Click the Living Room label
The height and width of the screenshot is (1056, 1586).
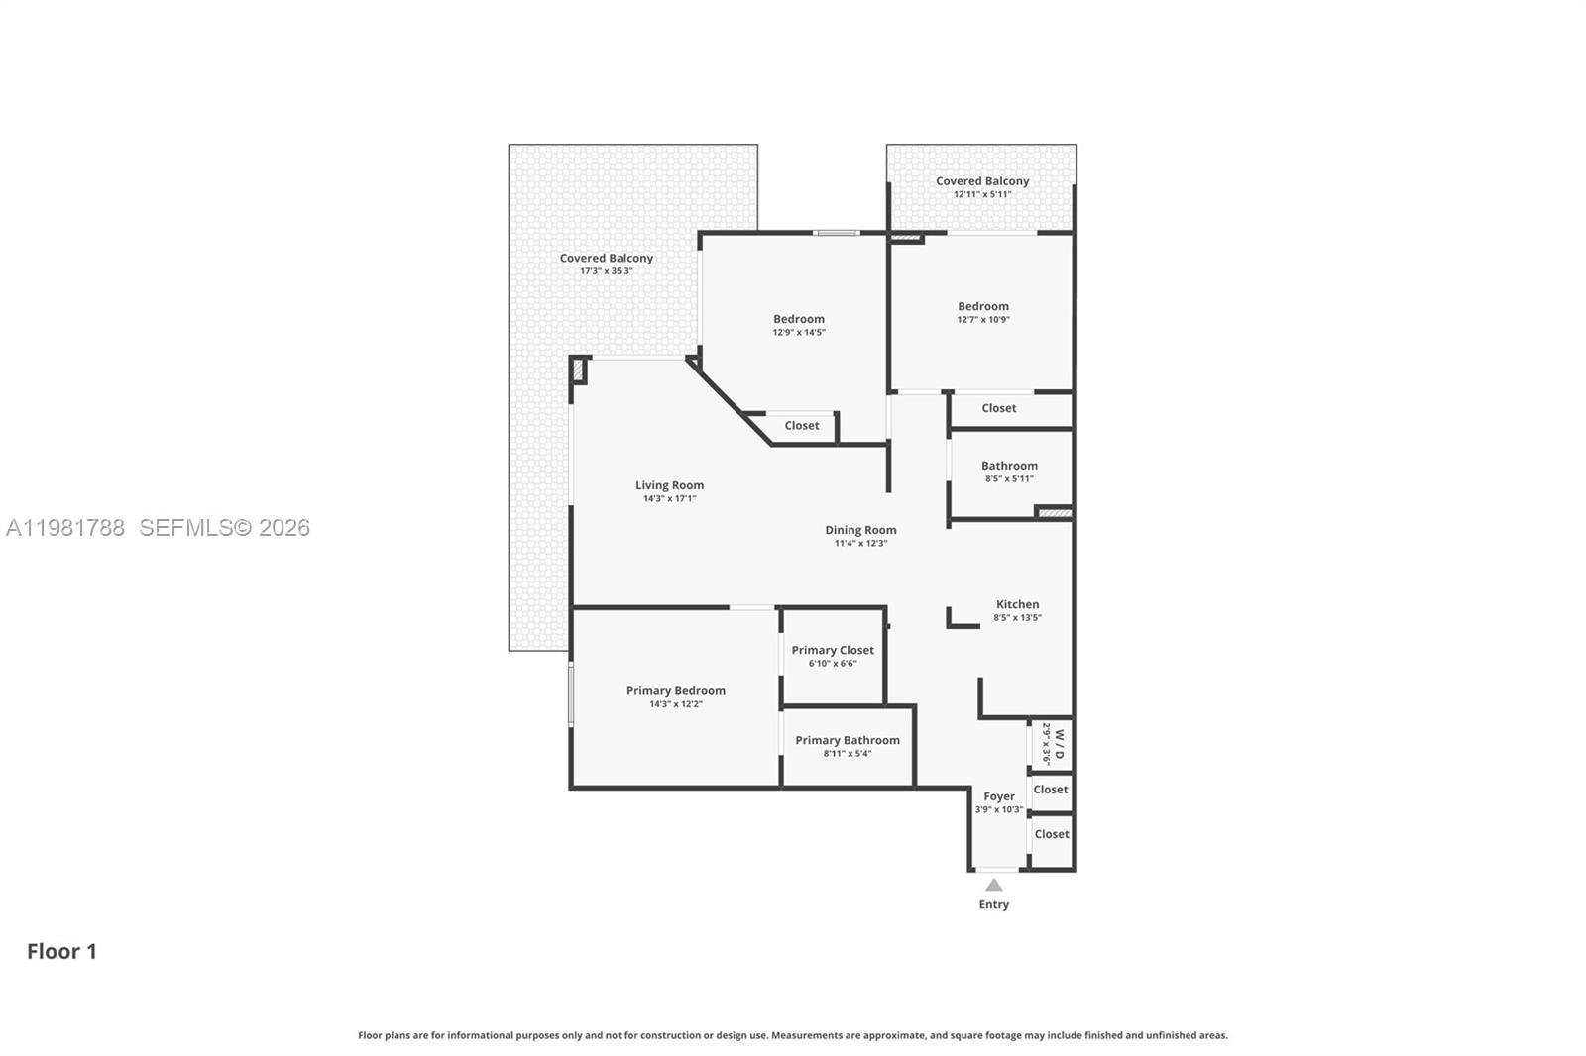coord(669,485)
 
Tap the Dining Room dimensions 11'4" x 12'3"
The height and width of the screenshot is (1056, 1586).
coord(860,543)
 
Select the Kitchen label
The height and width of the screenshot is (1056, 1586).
coord(1017,604)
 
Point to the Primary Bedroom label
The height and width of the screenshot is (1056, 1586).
coord(675,691)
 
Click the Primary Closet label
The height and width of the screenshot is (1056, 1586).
coord(833,650)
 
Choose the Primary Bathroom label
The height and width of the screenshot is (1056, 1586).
coord(848,740)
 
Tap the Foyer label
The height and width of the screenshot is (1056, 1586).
coord(998,796)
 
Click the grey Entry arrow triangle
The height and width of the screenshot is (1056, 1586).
coord(993,885)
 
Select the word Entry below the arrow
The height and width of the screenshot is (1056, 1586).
coord(993,904)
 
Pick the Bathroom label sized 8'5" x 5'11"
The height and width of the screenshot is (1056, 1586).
coord(1009,466)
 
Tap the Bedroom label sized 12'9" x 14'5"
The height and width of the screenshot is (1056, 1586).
coord(798,319)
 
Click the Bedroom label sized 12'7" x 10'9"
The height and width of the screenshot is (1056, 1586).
coord(982,306)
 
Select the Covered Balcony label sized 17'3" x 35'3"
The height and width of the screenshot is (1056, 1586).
coord(606,258)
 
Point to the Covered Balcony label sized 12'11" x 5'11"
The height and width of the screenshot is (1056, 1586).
coord(982,181)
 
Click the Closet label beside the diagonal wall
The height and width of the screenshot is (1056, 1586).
coord(801,426)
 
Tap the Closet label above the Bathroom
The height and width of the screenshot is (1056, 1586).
coord(998,408)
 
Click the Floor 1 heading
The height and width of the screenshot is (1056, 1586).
coord(61,951)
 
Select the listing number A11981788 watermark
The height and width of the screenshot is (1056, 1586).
coord(65,528)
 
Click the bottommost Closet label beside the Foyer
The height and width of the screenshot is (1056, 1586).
coord(1051,834)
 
